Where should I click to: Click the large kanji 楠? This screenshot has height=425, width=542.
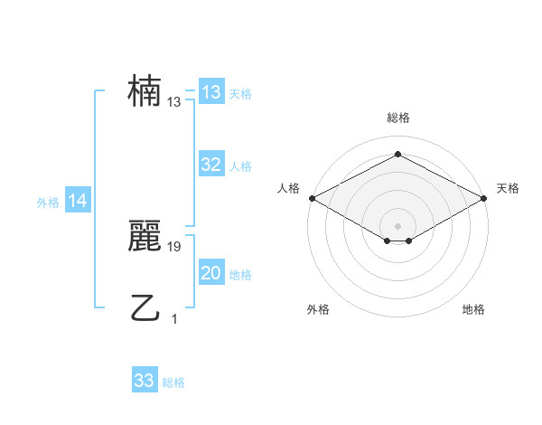tap(145, 92)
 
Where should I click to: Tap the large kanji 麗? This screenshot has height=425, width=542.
tap(145, 237)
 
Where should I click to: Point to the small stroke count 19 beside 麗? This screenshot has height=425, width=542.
tap(174, 246)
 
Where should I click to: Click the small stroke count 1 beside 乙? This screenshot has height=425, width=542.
tap(174, 318)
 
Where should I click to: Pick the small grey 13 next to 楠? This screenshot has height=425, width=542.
tap(174, 102)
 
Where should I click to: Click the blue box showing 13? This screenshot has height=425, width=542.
tap(211, 92)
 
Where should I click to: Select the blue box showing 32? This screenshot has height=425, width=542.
tap(211, 165)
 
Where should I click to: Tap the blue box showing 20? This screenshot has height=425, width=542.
tap(211, 273)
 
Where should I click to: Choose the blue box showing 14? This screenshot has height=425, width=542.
tap(78, 202)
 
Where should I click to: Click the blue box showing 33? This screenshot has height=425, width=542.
tap(145, 381)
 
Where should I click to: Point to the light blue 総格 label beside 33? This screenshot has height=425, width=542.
tap(173, 382)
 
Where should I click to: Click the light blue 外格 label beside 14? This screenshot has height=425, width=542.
tap(48, 203)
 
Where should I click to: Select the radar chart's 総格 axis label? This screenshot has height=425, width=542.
tap(397, 118)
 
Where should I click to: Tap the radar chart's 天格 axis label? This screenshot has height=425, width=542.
tap(508, 188)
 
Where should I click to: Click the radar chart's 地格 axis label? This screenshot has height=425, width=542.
tap(473, 309)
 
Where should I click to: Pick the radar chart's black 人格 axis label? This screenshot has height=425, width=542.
tap(288, 188)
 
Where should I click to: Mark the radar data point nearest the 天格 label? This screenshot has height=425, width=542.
tap(485, 198)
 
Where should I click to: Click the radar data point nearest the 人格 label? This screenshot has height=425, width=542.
tap(312, 198)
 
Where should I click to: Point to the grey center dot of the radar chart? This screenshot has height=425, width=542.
tap(397, 225)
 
